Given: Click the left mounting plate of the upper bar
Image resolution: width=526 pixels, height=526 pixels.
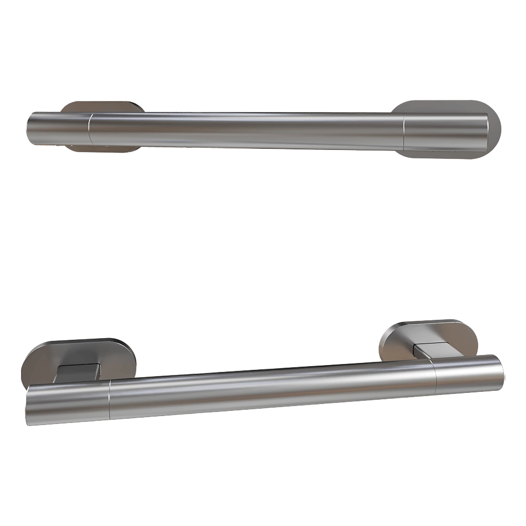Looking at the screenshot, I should click(100, 106).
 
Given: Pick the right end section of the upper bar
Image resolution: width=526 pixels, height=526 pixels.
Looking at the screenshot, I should click(444, 131).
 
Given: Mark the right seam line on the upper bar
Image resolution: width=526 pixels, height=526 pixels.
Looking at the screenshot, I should click(404, 131).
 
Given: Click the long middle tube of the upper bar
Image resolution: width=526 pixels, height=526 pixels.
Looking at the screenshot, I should click(247, 130).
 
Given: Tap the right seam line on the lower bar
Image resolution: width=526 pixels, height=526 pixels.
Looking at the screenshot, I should click(434, 377).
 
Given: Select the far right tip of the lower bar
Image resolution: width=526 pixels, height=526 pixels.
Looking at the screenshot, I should click(502, 373).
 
